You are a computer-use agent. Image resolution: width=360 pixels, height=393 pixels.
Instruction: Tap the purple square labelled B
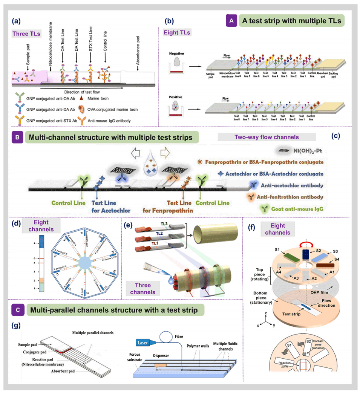pos(18,138)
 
